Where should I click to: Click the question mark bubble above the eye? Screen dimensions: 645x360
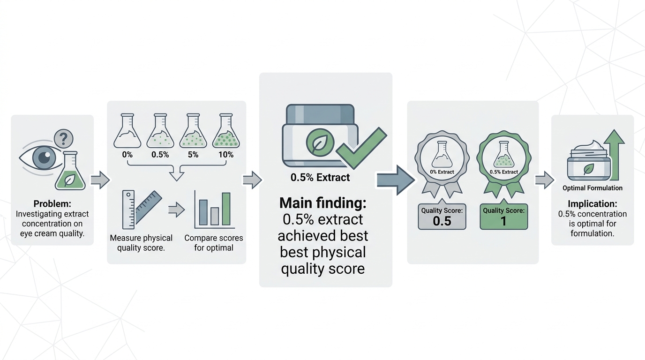click(x=64, y=139)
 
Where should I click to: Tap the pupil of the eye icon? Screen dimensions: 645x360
click(x=45, y=157)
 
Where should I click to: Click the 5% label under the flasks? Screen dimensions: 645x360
click(x=193, y=155)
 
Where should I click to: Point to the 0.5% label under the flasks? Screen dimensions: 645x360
click(x=160, y=155)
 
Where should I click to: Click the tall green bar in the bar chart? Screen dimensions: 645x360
click(x=226, y=209)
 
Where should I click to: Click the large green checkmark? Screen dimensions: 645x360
click(x=362, y=148)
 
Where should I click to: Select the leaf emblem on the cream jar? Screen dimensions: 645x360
click(x=320, y=142)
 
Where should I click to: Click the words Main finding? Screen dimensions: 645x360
click(x=323, y=203)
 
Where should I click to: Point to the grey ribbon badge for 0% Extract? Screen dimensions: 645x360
click(x=442, y=165)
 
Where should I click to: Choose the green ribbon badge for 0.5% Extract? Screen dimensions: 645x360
click(x=503, y=165)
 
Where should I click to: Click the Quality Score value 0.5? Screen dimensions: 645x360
click(x=442, y=221)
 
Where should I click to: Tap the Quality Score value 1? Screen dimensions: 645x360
click(x=503, y=221)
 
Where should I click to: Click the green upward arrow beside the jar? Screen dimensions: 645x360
click(x=614, y=155)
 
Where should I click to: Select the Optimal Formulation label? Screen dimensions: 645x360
click(x=592, y=188)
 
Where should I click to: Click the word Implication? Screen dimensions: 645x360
click(x=592, y=204)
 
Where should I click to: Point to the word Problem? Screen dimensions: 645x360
click(x=52, y=204)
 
